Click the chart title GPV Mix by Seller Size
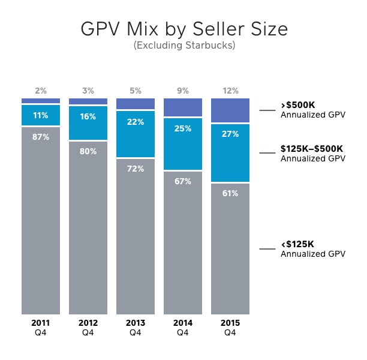(x=183, y=30)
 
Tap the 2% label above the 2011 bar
(x=41, y=91)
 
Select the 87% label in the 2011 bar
(x=41, y=137)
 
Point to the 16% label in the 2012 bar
(x=88, y=117)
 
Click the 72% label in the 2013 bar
(x=136, y=169)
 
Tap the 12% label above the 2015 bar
(x=230, y=91)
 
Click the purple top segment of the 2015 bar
(x=230, y=110)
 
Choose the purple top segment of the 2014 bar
(x=183, y=107)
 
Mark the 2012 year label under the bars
(x=88, y=323)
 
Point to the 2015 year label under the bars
(x=230, y=323)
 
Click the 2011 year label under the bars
(x=41, y=323)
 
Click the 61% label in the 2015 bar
(x=230, y=194)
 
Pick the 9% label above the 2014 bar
(x=183, y=91)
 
